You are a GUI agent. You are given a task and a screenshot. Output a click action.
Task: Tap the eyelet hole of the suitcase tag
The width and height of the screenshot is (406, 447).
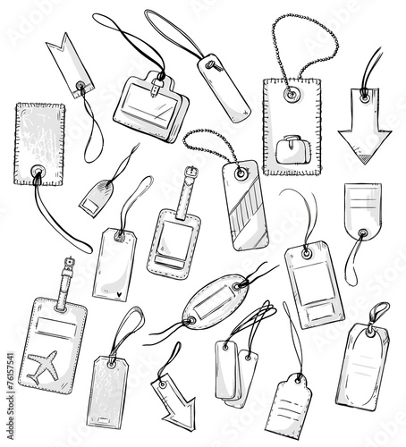click(290, 92)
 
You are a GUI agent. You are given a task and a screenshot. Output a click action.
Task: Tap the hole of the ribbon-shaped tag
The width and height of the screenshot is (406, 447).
click(81, 88)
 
